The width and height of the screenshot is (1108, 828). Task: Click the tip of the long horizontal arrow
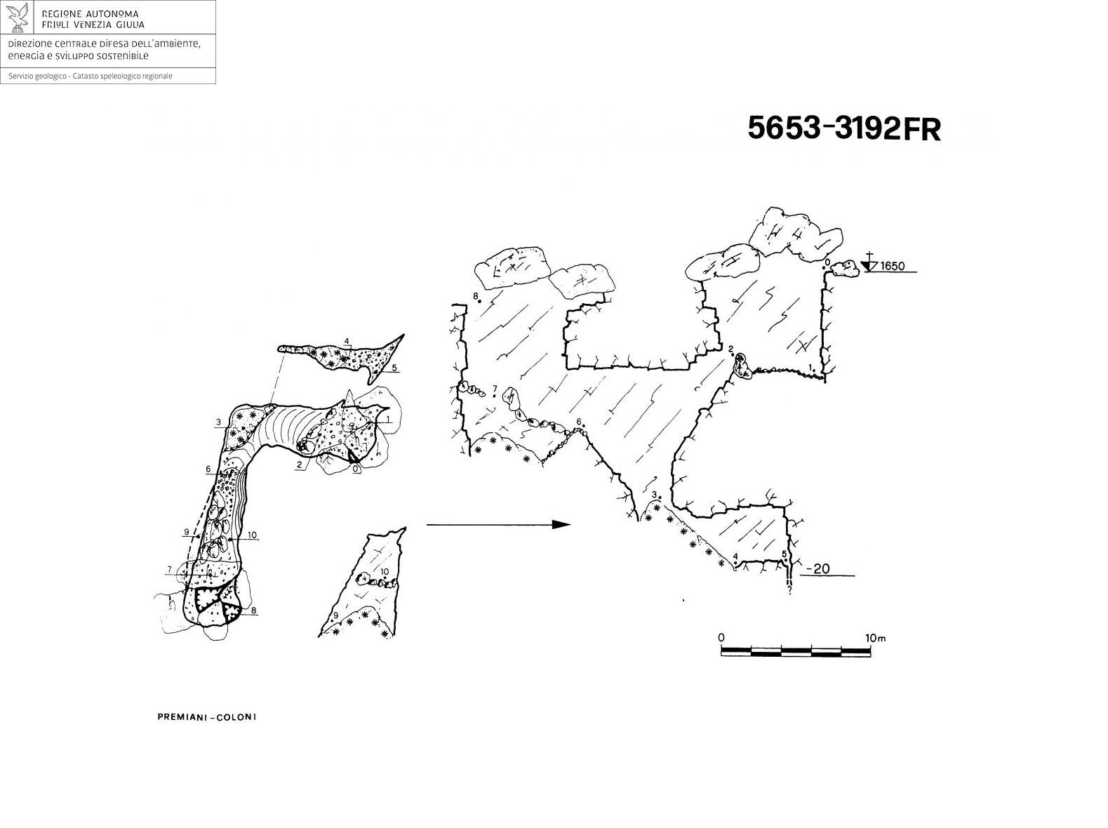(570, 524)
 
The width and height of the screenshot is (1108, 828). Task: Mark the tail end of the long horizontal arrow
(427, 525)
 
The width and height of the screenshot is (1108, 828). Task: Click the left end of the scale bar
(721, 651)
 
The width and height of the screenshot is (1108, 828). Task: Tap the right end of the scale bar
(870, 651)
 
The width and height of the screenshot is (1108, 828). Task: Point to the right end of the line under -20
(854, 575)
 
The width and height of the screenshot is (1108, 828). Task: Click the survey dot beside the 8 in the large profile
(480, 301)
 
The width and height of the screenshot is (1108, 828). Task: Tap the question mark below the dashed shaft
(789, 590)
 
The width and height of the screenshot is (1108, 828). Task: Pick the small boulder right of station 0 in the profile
(846, 269)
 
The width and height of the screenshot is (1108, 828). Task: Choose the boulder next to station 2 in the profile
(742, 366)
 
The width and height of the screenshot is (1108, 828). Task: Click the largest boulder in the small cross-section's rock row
(362, 578)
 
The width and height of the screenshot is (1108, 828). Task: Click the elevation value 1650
(892, 266)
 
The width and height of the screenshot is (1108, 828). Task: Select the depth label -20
(817, 568)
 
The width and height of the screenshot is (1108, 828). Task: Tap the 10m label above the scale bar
(875, 638)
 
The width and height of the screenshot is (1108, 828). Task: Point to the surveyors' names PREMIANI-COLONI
(207, 717)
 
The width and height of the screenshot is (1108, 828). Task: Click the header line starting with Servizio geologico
(91, 76)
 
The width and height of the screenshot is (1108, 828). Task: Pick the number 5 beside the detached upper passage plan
(394, 368)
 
